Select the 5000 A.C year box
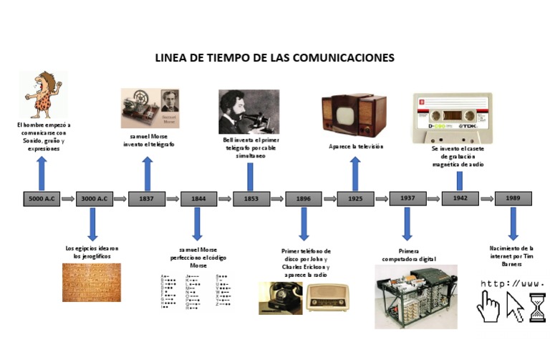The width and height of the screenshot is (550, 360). (41, 199)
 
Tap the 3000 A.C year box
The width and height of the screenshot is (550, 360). (94, 199)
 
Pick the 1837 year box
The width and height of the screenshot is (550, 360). (146, 199)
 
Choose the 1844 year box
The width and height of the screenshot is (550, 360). (198, 199)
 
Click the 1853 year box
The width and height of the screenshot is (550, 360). (251, 199)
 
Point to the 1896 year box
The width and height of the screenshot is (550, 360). (304, 199)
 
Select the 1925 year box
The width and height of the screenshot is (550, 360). (356, 199)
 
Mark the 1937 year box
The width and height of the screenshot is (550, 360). (407, 198)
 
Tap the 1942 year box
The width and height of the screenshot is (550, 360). (460, 198)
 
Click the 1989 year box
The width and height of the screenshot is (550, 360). (513, 198)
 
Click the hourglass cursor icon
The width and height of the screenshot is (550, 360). (537, 307)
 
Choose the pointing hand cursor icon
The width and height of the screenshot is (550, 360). (489, 306)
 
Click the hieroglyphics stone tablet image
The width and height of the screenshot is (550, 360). (92, 282)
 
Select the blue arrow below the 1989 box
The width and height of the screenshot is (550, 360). (513, 223)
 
